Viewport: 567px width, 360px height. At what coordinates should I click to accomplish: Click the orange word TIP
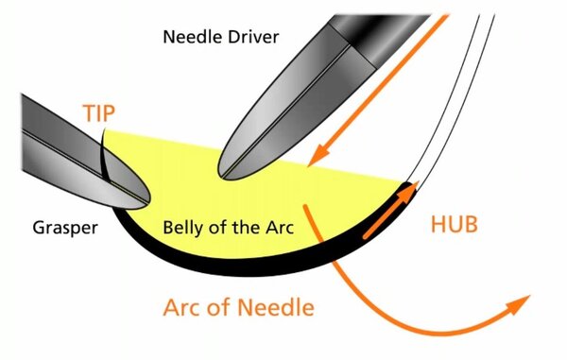pyautogui.click(x=98, y=112)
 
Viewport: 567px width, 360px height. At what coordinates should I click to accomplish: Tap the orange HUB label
pyautogui.click(x=455, y=224)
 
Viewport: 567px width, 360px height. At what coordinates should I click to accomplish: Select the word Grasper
pyautogui.click(x=65, y=228)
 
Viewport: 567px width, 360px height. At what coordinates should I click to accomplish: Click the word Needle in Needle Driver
pyautogui.click(x=191, y=37)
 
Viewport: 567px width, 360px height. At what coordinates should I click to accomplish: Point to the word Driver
pyautogui.click(x=251, y=37)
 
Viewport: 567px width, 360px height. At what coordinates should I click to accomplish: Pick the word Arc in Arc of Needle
pyautogui.click(x=182, y=307)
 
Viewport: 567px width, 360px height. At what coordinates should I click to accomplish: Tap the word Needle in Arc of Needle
pyautogui.click(x=276, y=307)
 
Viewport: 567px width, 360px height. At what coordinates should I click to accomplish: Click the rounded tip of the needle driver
pyautogui.click(x=221, y=175)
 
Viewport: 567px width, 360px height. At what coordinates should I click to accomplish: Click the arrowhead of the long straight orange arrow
pyautogui.click(x=318, y=155)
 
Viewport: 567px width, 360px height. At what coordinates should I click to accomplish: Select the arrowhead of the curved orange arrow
pyautogui.click(x=519, y=304)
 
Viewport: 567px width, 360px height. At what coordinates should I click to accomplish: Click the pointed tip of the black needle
pyautogui.click(x=105, y=129)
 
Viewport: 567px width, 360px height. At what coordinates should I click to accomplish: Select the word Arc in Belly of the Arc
pyautogui.click(x=280, y=228)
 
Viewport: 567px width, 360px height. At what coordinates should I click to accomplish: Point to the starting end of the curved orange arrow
pyautogui.click(x=305, y=207)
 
